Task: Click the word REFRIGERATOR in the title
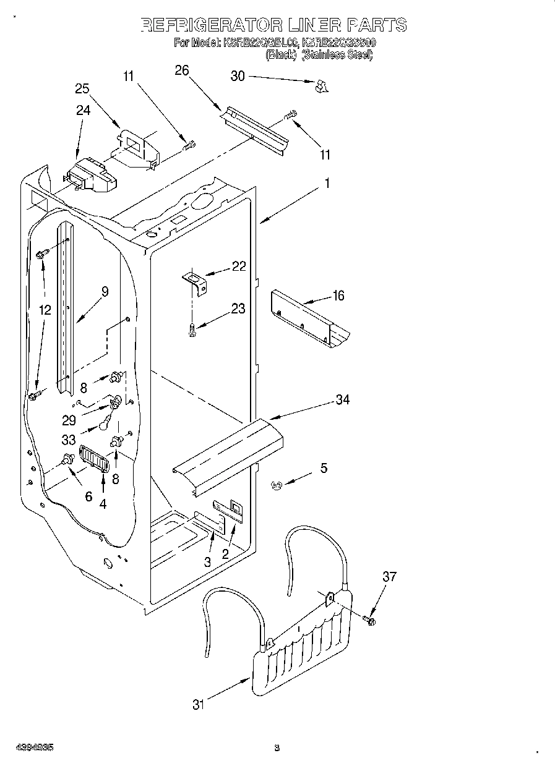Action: point(210,25)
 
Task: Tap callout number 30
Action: point(238,76)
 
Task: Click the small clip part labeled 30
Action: point(320,87)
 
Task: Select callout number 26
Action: point(181,70)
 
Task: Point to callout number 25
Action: point(82,88)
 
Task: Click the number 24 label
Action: point(83,110)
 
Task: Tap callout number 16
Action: point(338,296)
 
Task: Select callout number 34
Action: point(342,399)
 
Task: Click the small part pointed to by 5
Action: point(276,486)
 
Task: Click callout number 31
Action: point(198,704)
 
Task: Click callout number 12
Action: point(45,310)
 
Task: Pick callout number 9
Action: point(105,292)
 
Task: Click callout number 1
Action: point(327,183)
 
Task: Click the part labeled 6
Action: point(68,461)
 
